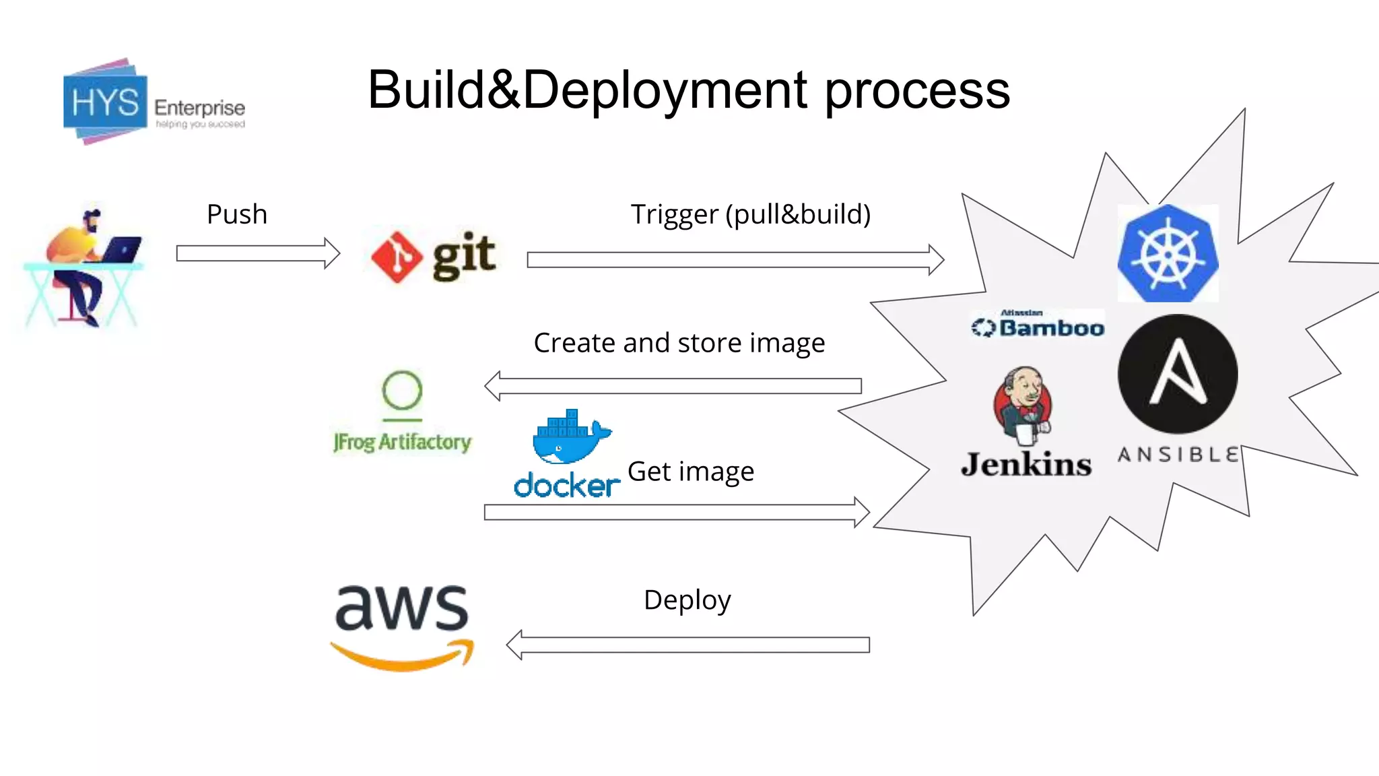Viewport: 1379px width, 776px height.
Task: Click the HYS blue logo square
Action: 105,103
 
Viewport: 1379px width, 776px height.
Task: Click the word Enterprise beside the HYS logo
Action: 199,108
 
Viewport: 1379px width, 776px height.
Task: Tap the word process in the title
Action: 917,90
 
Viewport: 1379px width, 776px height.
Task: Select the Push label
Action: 237,214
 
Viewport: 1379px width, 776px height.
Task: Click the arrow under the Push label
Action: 258,253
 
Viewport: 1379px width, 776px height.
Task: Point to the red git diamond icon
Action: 397,257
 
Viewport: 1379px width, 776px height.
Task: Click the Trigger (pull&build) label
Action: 750,214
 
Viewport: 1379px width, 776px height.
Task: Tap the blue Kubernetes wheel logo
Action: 1168,254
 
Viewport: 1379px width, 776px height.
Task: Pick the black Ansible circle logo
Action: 1178,374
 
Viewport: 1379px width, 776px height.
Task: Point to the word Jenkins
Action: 1026,465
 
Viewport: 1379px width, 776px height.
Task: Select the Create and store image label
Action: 679,343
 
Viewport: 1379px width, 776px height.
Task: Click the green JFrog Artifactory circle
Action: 402,390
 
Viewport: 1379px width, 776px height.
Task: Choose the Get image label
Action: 690,472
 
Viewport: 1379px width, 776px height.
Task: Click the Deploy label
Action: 687,600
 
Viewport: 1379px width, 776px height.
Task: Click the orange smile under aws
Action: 403,657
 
